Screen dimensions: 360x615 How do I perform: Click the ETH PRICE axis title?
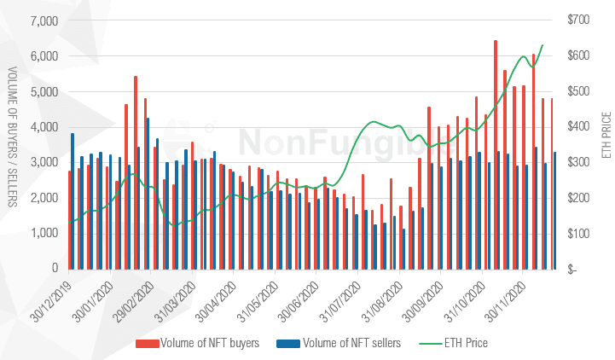605,136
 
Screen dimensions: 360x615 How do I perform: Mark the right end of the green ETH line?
542,44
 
